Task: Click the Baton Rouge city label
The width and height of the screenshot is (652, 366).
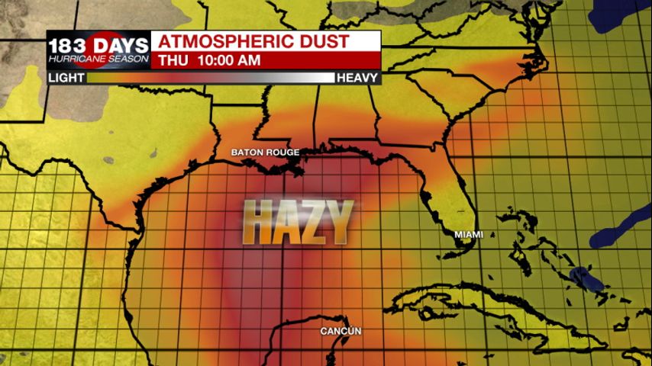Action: (266, 152)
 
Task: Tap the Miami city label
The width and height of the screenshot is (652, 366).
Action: (469, 234)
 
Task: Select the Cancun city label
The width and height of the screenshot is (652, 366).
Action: (341, 331)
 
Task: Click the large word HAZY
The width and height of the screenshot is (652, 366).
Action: (299, 223)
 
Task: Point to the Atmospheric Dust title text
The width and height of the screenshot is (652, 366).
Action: (253, 41)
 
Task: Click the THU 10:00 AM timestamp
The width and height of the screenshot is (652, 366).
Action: (209, 60)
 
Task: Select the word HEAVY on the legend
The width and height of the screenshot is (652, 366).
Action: (358, 78)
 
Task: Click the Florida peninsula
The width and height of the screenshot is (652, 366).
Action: (455, 191)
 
